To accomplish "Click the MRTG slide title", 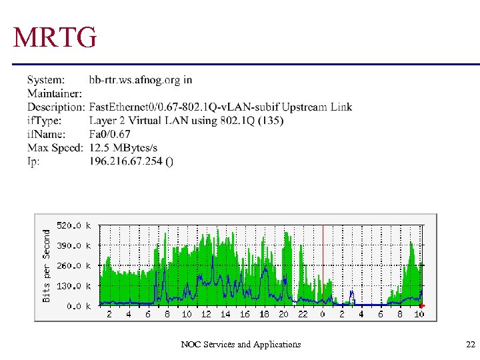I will [55, 39].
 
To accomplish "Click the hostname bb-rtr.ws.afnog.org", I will [134, 80].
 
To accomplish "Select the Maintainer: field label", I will [55, 93].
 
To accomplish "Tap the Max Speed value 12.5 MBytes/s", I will [123, 147].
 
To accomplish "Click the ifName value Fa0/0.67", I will [110, 134].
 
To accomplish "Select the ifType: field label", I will [44, 121].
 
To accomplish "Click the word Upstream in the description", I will [304, 107].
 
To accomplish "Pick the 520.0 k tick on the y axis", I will [74, 226].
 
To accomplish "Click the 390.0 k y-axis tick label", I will [74, 246].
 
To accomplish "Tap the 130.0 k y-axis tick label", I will [74, 286].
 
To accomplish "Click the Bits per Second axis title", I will [47, 265].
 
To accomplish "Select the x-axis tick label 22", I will [303, 314].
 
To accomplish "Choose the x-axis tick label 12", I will [206, 314].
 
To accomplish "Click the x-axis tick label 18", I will [264, 314].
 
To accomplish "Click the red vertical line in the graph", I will [323, 260].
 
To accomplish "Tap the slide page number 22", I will [471, 345].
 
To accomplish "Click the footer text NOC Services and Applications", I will [241, 345].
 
